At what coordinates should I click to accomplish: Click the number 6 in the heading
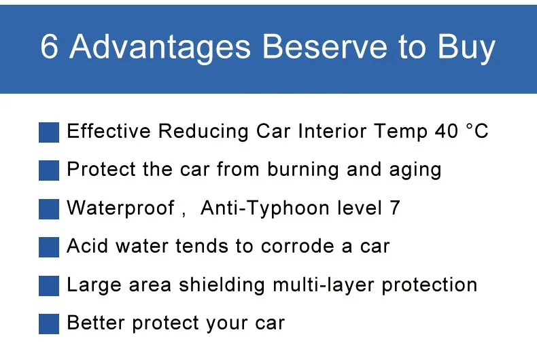[x=50, y=47]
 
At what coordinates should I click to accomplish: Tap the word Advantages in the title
[x=160, y=49]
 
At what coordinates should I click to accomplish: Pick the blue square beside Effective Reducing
[x=49, y=132]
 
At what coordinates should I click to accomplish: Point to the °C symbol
[x=477, y=130]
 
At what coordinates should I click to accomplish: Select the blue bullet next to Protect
[x=49, y=170]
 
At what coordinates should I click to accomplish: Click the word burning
[x=303, y=170]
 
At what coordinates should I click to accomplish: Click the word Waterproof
[x=120, y=209]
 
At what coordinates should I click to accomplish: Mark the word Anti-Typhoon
[x=265, y=209]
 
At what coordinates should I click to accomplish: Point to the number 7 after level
[x=394, y=208]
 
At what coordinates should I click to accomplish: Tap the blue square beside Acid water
[x=49, y=247]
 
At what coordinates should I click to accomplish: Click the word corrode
[x=297, y=246]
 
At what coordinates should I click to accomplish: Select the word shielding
[x=222, y=285]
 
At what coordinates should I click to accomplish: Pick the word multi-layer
[x=324, y=285]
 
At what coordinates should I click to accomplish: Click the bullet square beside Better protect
[x=49, y=324]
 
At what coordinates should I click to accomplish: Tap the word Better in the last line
[x=96, y=323]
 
